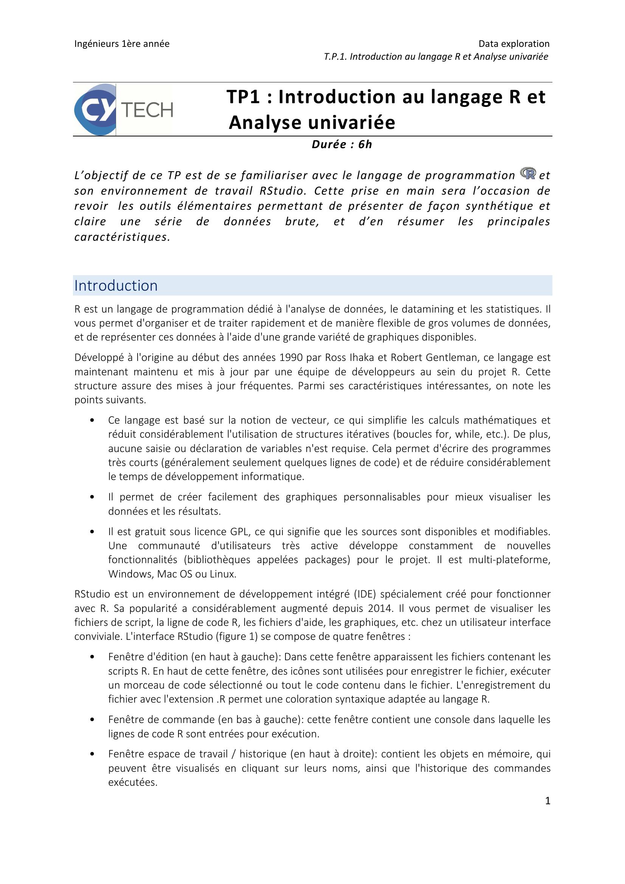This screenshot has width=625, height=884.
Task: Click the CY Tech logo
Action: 123,110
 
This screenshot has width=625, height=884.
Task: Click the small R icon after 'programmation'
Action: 528,173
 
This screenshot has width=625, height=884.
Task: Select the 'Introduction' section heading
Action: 116,286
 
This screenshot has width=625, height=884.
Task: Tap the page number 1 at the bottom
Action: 547,801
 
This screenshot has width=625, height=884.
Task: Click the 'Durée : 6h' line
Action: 341,144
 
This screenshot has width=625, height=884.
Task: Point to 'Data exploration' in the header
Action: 514,44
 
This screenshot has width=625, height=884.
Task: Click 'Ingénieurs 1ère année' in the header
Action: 122,44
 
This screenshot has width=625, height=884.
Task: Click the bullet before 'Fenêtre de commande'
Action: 92,720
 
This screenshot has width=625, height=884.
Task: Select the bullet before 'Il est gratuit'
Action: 92,532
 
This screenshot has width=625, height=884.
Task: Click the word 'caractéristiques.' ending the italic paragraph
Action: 122,237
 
